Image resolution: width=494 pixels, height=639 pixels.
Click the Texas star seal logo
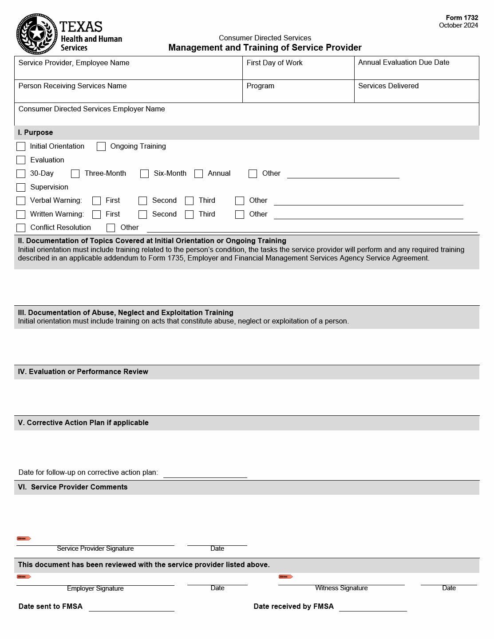click(37, 34)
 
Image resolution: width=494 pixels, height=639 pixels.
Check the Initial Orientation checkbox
click(21, 146)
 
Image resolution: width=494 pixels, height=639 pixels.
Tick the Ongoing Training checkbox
click(101, 146)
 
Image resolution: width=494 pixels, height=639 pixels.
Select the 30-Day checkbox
click(21, 174)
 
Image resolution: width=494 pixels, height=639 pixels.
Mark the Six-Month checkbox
click(144, 174)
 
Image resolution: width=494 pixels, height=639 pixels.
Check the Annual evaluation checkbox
click(198, 174)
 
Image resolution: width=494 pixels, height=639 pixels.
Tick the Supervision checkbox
click(21, 187)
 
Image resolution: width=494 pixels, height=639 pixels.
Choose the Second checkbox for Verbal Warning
click(142, 201)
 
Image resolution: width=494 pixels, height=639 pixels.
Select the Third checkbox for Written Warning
click(189, 214)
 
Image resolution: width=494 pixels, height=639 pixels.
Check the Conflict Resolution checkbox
click(21, 228)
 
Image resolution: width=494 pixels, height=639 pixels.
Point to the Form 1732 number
click(462, 18)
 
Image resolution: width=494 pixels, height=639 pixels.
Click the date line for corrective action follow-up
click(205, 473)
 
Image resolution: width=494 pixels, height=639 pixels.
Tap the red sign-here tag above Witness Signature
click(285, 577)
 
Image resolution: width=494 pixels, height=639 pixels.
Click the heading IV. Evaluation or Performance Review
click(83, 372)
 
